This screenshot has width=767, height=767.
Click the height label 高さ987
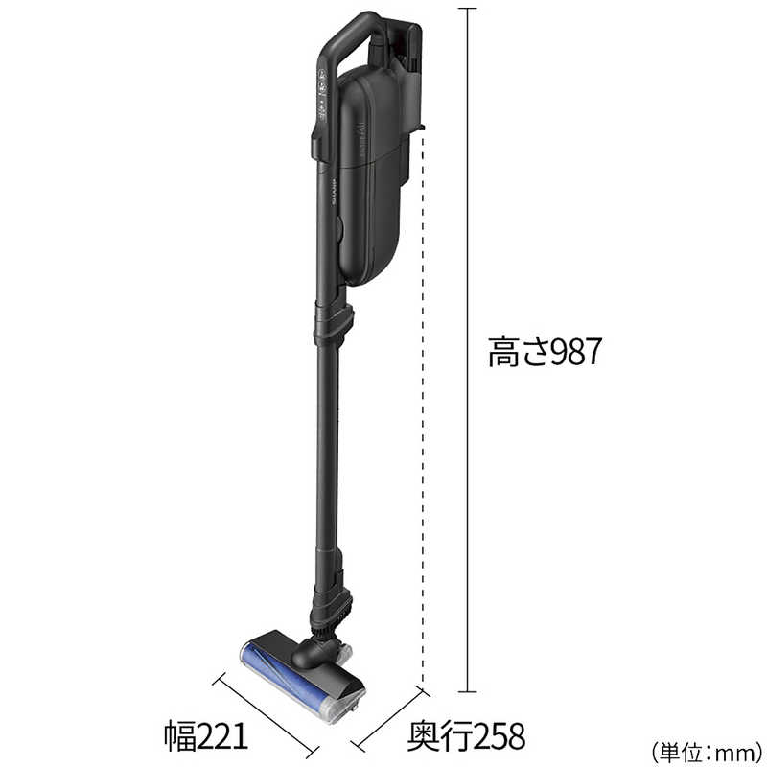click(545, 352)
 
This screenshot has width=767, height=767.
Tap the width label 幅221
click(206, 735)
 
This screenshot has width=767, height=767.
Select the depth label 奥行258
click(466, 735)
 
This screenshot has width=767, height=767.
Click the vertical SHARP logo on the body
click(336, 191)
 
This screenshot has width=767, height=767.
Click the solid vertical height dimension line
click(468, 350)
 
